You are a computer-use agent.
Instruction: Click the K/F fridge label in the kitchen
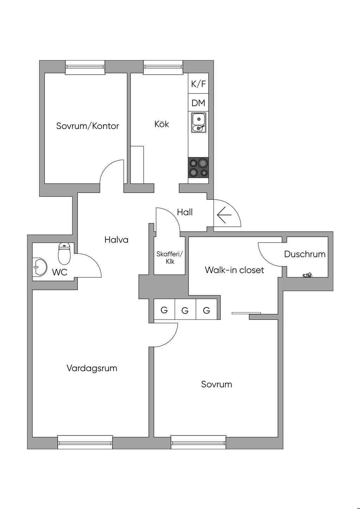(198, 84)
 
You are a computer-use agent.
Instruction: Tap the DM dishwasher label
(198, 103)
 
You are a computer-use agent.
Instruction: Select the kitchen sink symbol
(199, 123)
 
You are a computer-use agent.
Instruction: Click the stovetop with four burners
(198, 167)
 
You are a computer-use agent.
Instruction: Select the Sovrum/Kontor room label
(88, 126)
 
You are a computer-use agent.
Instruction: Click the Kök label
(162, 124)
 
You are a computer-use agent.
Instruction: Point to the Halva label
(116, 240)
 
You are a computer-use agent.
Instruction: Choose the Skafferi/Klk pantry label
(170, 257)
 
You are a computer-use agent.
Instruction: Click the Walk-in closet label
(234, 270)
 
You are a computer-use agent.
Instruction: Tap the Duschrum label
(305, 254)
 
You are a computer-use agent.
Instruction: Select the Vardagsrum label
(92, 368)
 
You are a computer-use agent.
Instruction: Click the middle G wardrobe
(185, 310)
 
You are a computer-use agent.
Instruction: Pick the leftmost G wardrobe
(164, 310)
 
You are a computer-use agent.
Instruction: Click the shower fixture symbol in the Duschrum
(307, 275)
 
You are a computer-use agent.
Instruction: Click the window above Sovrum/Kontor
(85, 67)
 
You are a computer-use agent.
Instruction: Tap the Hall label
(185, 212)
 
